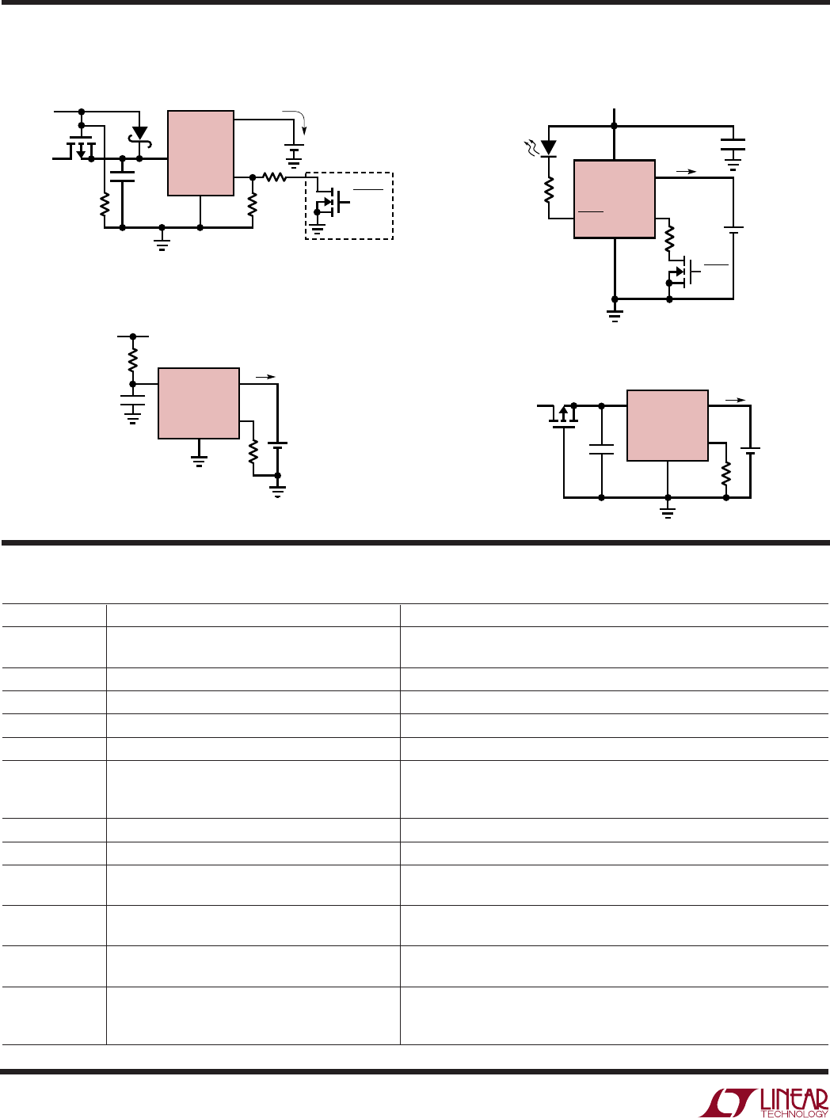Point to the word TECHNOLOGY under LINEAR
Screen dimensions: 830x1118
point(794,1113)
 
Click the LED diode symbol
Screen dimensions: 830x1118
point(548,147)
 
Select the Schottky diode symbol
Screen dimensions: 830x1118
point(139,133)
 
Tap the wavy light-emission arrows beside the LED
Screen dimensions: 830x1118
point(531,145)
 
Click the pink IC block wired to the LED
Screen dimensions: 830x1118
point(614,199)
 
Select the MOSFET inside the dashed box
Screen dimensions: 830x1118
point(333,203)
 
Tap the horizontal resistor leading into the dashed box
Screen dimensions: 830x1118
point(274,177)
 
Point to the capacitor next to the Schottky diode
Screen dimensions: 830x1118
point(122,174)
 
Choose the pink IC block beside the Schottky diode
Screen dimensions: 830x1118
point(200,153)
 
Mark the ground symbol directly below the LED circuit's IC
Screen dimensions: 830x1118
point(614,316)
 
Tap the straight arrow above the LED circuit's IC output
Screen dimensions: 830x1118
point(687,170)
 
